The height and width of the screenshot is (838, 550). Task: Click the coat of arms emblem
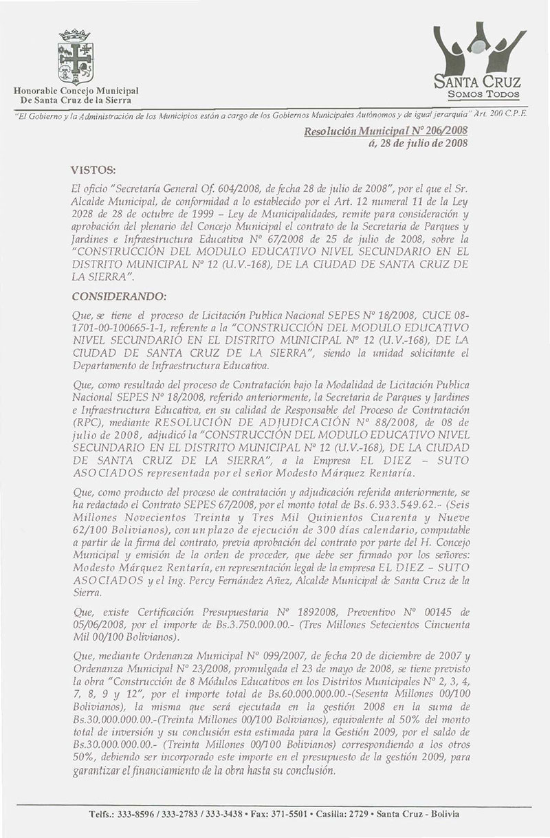tap(76, 57)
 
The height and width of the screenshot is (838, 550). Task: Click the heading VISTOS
tap(93, 168)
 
